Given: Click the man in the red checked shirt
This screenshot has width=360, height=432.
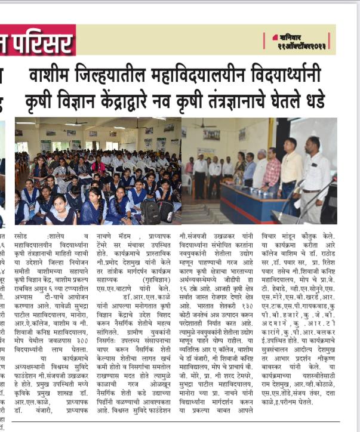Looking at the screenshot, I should (272, 172).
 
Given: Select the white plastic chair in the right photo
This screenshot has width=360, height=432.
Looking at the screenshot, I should (187, 181).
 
